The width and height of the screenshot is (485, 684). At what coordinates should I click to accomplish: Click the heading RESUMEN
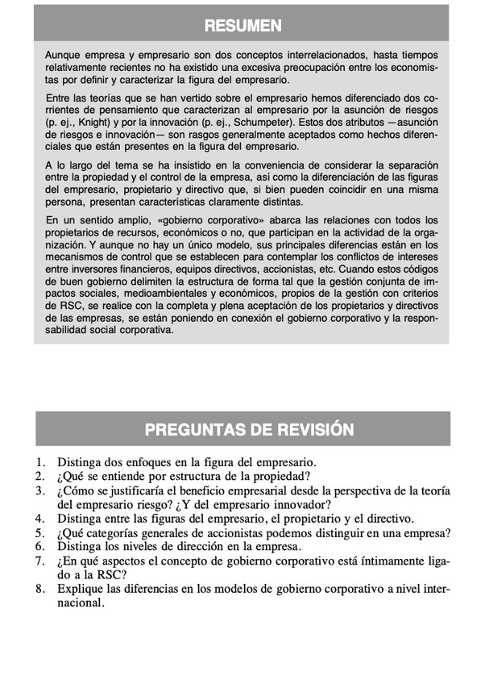click(242, 25)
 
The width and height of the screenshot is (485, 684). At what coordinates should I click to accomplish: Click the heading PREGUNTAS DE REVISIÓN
click(249, 429)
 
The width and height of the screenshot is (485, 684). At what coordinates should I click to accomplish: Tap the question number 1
click(40, 463)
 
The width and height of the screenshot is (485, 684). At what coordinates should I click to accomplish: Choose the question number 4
click(40, 519)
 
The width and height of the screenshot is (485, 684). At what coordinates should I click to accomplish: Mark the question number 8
click(40, 589)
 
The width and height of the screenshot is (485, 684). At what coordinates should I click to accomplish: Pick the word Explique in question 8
click(81, 589)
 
